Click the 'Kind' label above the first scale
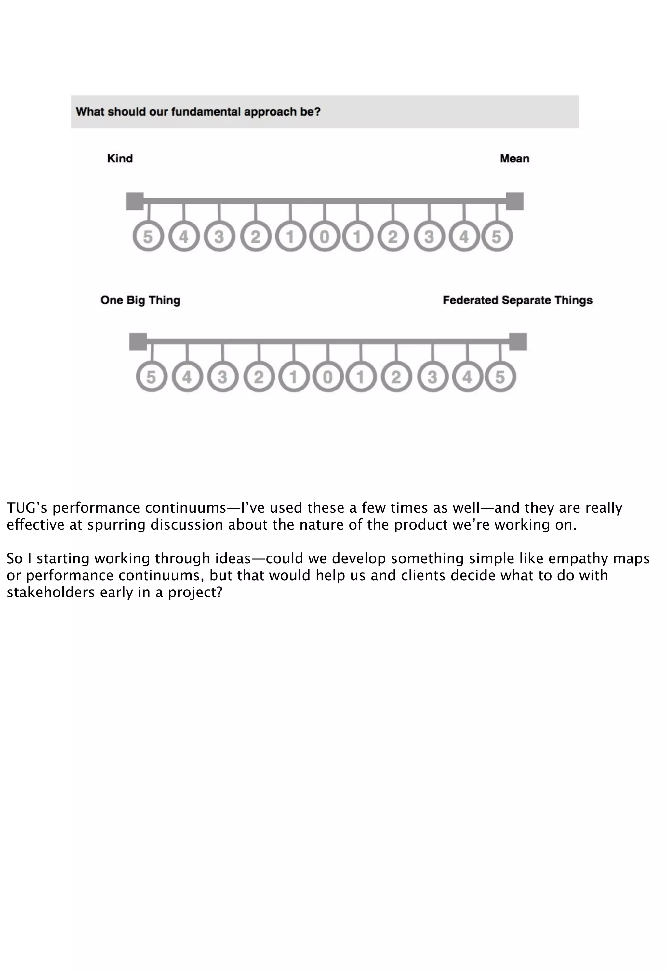pyautogui.click(x=120, y=159)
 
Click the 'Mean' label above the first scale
pyautogui.click(x=514, y=159)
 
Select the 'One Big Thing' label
pyautogui.click(x=140, y=300)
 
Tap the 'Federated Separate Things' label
pyautogui.click(x=517, y=300)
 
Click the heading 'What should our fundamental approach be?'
pyautogui.click(x=198, y=112)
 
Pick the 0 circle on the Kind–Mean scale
pyautogui.click(x=325, y=236)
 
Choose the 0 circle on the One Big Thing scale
pyautogui.click(x=328, y=377)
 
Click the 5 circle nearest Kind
pyautogui.click(x=148, y=236)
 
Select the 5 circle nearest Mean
pyautogui.click(x=497, y=236)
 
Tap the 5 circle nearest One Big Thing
pyautogui.click(x=151, y=377)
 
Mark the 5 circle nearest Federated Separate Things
pyautogui.click(x=500, y=377)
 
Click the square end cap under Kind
pyautogui.click(x=135, y=201)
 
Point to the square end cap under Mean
pyautogui.click(x=514, y=201)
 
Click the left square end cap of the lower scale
pyautogui.click(x=138, y=342)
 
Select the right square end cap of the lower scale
pyautogui.click(x=518, y=342)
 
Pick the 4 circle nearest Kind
pyautogui.click(x=184, y=236)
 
